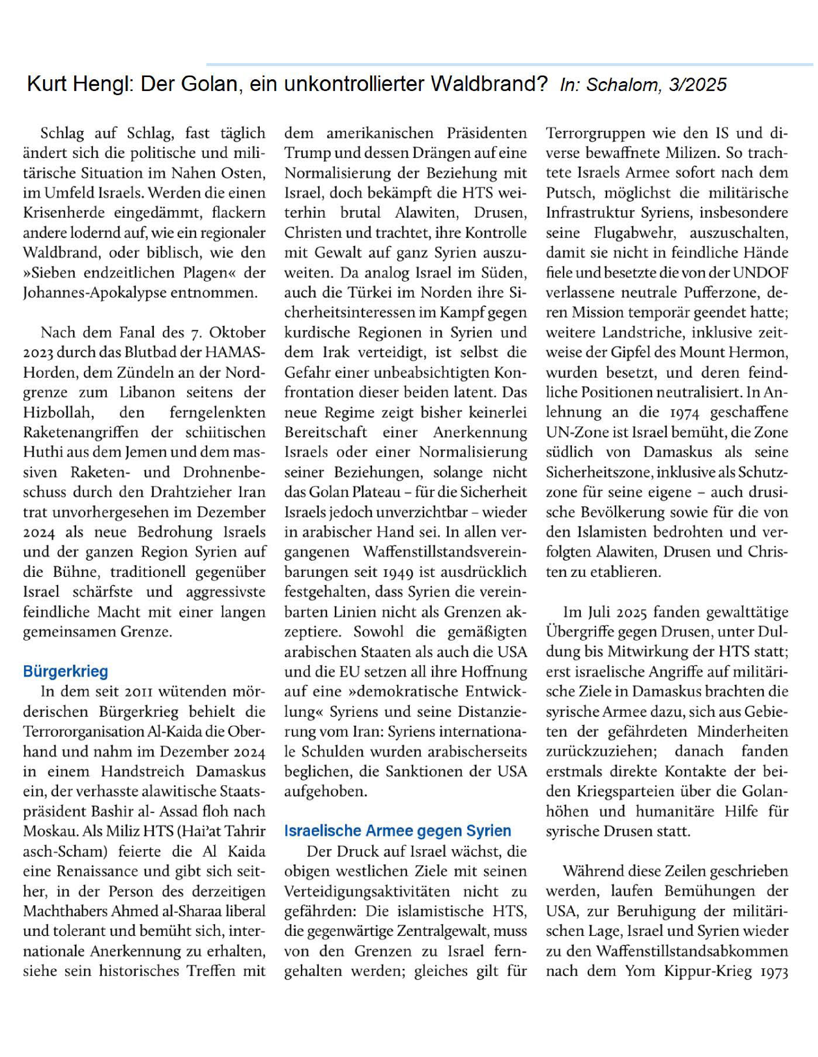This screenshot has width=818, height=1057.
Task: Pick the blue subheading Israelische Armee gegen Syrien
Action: click(397, 831)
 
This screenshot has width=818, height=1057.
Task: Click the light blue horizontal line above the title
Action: click(508, 64)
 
